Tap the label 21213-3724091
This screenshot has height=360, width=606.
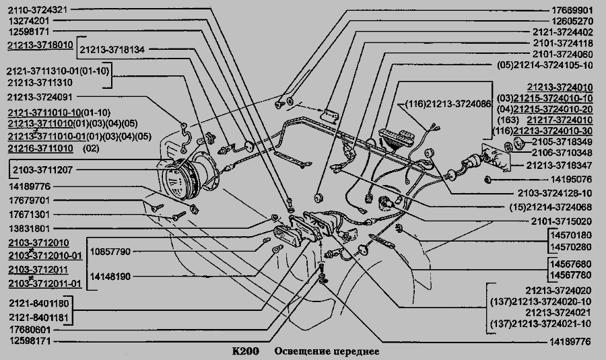[39, 97]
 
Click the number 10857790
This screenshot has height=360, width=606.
[110, 251]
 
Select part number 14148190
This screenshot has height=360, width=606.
[110, 276]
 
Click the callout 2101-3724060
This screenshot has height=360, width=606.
[562, 54]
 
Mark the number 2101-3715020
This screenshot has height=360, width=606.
[562, 220]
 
